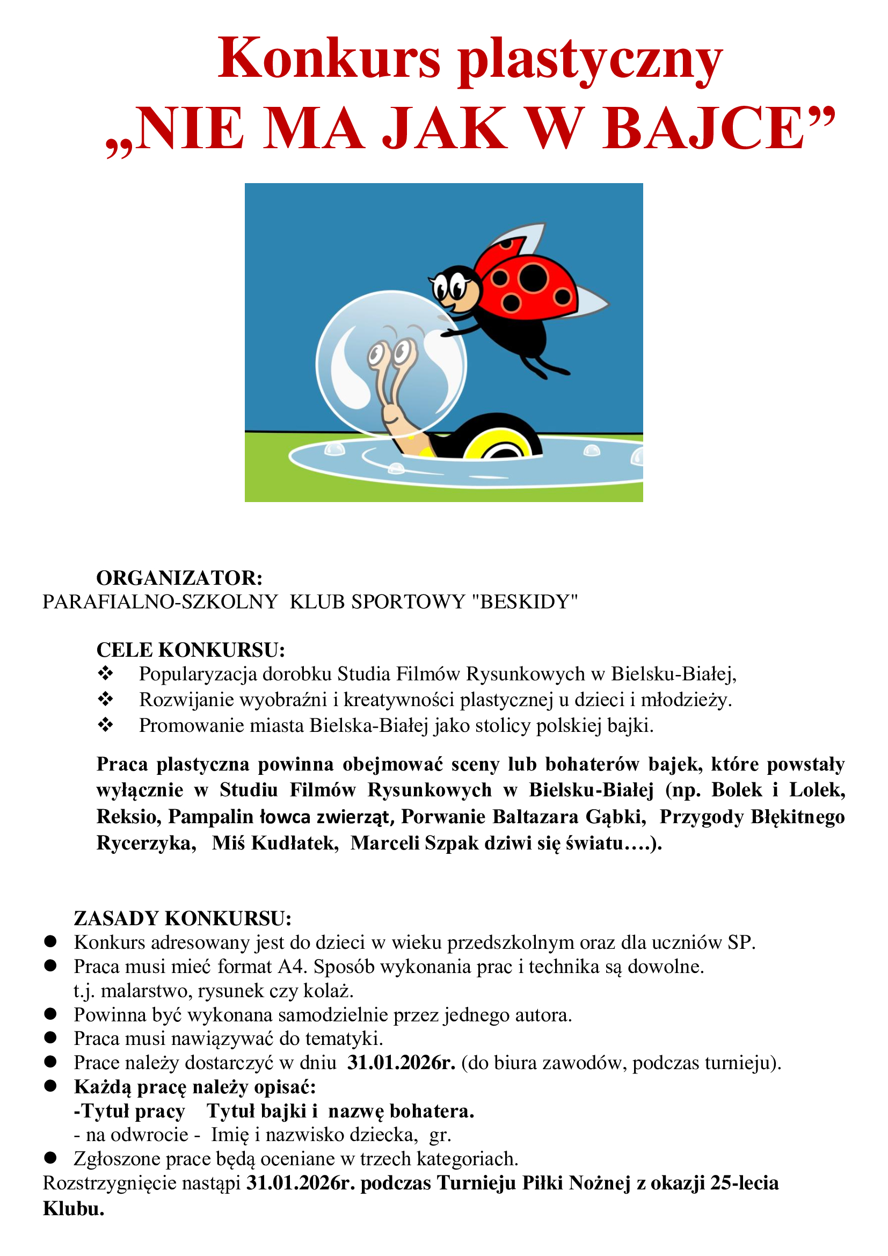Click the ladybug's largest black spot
point(533,279)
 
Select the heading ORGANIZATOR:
point(179,578)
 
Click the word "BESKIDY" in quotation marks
point(525,602)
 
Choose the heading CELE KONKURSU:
point(190,650)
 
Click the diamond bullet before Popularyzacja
point(105,673)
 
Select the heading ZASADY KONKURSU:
point(183,918)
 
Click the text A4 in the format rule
point(290,967)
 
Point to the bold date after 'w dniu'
point(401,1063)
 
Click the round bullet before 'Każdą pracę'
point(50,1086)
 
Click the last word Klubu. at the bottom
point(74,1208)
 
